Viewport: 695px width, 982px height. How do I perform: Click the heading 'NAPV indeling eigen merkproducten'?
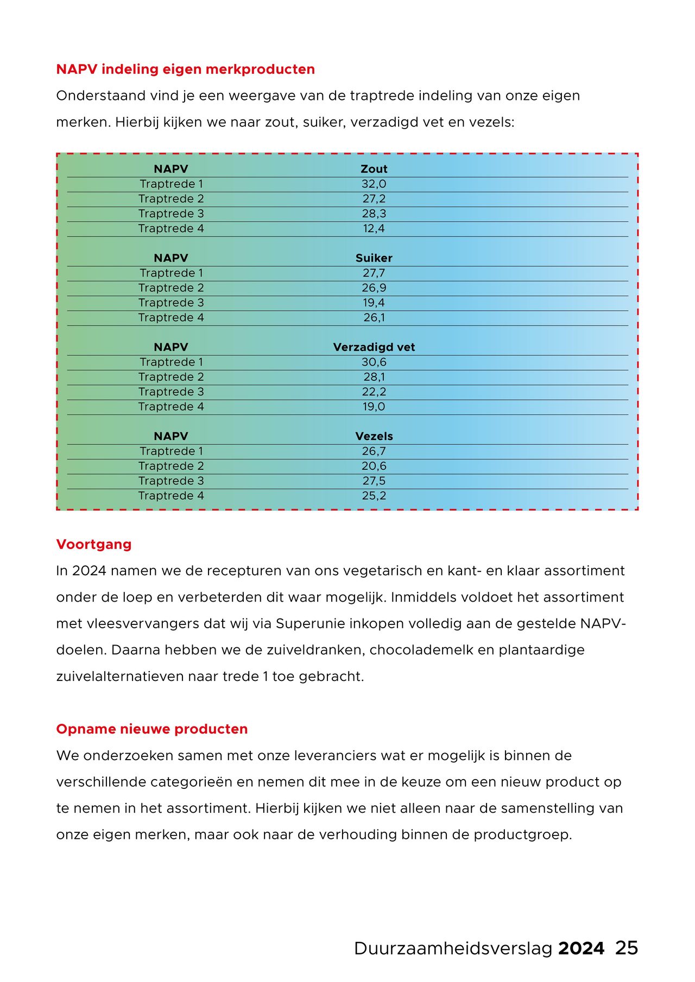point(185,69)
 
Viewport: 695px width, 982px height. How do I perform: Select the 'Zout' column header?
point(374,169)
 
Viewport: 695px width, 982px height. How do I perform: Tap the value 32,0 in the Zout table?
point(374,184)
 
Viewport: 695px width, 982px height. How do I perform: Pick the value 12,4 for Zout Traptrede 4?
point(374,228)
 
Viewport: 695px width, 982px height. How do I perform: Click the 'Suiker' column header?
point(374,258)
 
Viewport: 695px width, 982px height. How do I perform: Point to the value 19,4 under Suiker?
point(374,303)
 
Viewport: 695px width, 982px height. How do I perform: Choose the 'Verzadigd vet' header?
point(374,347)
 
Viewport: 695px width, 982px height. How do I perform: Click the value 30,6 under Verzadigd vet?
point(374,362)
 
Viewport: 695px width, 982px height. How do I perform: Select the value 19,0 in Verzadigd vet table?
point(374,406)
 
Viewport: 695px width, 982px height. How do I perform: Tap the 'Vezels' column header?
point(374,436)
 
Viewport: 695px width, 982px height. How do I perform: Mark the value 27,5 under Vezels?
point(374,481)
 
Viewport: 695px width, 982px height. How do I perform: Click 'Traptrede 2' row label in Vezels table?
point(171,466)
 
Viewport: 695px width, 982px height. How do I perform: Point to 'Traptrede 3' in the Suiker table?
point(171,303)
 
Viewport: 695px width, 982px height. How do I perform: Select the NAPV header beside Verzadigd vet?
point(170,347)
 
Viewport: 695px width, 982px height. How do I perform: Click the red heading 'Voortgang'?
point(94,545)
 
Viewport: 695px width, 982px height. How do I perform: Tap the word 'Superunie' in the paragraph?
point(310,624)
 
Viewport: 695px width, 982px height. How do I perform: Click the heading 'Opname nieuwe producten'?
point(152,729)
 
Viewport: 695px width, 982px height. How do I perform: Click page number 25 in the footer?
point(626,948)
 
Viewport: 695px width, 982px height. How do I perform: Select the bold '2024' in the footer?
point(581,948)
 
